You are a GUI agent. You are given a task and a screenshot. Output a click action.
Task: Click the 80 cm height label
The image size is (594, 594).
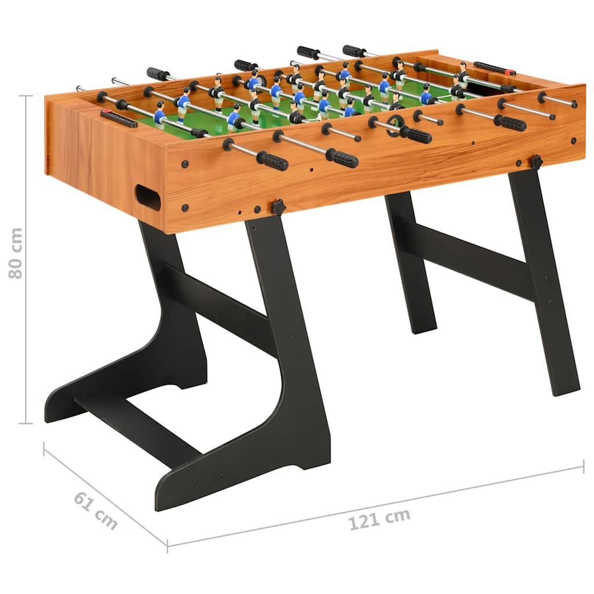[16, 253]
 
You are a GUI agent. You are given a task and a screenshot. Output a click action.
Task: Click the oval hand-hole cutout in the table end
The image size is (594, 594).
[148, 197]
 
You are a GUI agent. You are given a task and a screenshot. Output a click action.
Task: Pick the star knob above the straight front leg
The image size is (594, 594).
[535, 161]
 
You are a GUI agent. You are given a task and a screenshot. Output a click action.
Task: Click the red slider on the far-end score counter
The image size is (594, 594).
[510, 73]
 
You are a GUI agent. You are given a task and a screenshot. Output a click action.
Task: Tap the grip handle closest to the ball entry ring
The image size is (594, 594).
[416, 135]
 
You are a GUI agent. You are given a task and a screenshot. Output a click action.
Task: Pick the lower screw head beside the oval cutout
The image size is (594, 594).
[185, 207]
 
